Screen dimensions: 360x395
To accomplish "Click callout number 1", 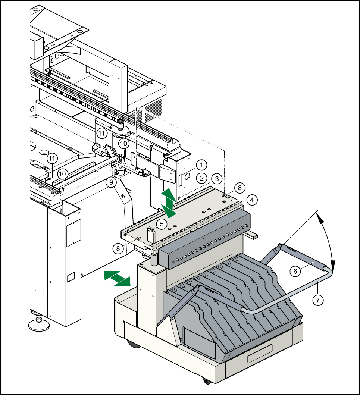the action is click(x=201, y=165).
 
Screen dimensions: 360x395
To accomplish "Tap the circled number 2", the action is click(x=201, y=178).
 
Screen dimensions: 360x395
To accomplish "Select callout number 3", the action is click(x=217, y=179).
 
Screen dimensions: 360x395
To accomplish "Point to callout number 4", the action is click(x=252, y=200).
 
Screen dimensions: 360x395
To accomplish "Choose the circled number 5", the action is click(x=162, y=224).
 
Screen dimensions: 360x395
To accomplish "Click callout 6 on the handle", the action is click(x=295, y=271).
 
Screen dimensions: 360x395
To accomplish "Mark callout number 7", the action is click(x=318, y=300).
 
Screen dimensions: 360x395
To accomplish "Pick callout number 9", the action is click(x=111, y=182).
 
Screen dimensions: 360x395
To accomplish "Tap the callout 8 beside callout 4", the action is click(x=240, y=188).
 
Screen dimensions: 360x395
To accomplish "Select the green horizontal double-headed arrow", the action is click(x=117, y=278).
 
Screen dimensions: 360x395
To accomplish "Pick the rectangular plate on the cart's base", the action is click(x=260, y=354).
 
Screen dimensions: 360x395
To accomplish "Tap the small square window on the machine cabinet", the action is click(x=71, y=277).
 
